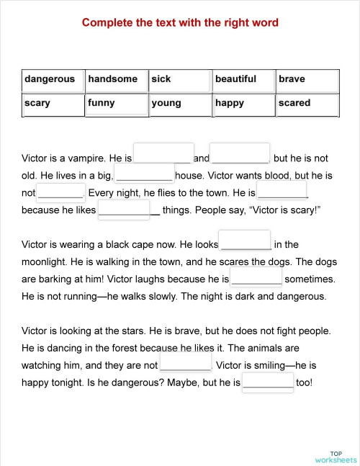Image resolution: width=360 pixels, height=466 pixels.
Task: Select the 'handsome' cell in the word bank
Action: pos(116,80)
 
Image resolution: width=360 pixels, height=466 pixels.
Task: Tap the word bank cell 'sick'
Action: pos(179,80)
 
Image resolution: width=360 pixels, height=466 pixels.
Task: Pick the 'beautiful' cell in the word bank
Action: pos(243,80)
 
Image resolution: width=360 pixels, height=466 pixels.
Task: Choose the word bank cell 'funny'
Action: pos(116,104)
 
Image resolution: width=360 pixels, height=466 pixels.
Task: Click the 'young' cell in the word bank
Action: pos(179,104)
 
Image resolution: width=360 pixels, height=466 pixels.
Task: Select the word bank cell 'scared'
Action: pos(307,104)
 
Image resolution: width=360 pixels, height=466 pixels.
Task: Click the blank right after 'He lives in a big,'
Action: pos(144,174)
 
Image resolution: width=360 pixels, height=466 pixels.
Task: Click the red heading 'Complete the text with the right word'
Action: pos(180,23)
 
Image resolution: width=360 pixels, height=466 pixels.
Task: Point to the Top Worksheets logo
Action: pos(335,456)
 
